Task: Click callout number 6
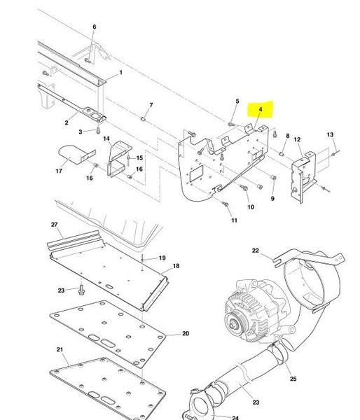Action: pos(95,27)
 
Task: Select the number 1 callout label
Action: pos(121,72)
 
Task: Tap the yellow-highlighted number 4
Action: pos(261,109)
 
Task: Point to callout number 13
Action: pos(330,134)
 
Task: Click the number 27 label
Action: pos(55,225)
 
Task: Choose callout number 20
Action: pos(186,333)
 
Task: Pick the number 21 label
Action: pos(60,349)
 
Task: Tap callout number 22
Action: pos(256,251)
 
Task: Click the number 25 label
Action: pos(293,379)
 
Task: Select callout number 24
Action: pos(235,418)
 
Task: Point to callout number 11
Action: pos(235,220)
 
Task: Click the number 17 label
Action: pos(59,171)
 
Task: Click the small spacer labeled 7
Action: pos(143,118)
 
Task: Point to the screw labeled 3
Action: pos(98,130)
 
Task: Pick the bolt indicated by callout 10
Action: pos(244,188)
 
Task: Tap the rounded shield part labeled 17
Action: pos(70,154)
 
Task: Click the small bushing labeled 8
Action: pos(282,154)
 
